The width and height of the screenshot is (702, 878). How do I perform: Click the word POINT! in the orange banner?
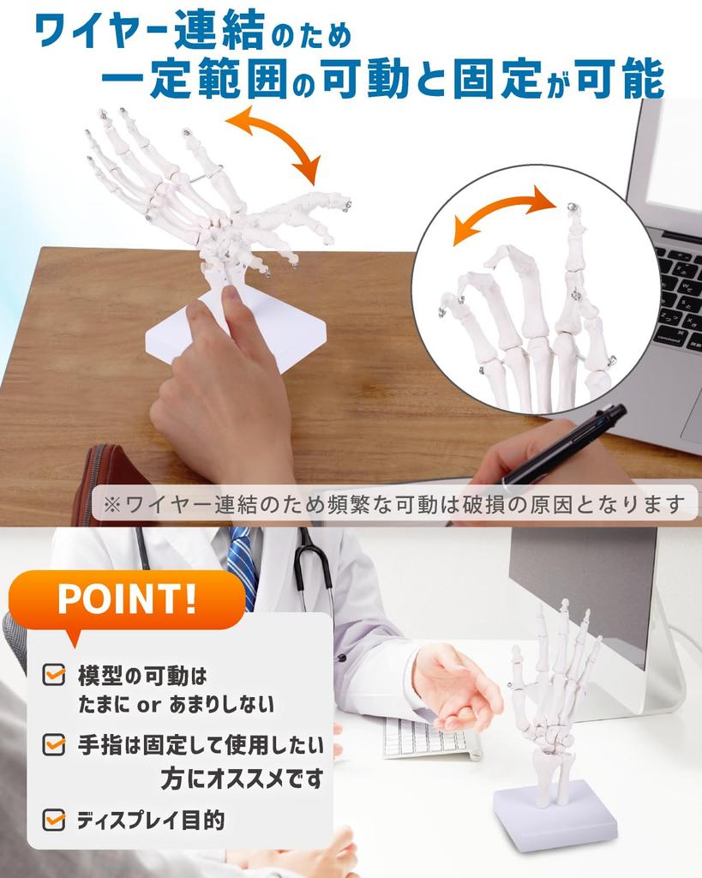point(127,598)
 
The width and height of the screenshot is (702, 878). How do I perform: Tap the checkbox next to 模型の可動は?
point(54,674)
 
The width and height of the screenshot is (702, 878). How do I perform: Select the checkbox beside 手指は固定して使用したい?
point(54,744)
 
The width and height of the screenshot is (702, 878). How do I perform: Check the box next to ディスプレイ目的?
point(54,819)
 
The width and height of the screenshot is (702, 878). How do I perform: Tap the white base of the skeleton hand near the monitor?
point(555,815)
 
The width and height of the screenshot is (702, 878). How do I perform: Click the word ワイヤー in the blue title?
point(103,31)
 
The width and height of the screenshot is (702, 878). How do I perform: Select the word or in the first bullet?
point(149,705)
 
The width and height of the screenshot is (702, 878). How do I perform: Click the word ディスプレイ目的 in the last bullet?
point(151,820)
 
